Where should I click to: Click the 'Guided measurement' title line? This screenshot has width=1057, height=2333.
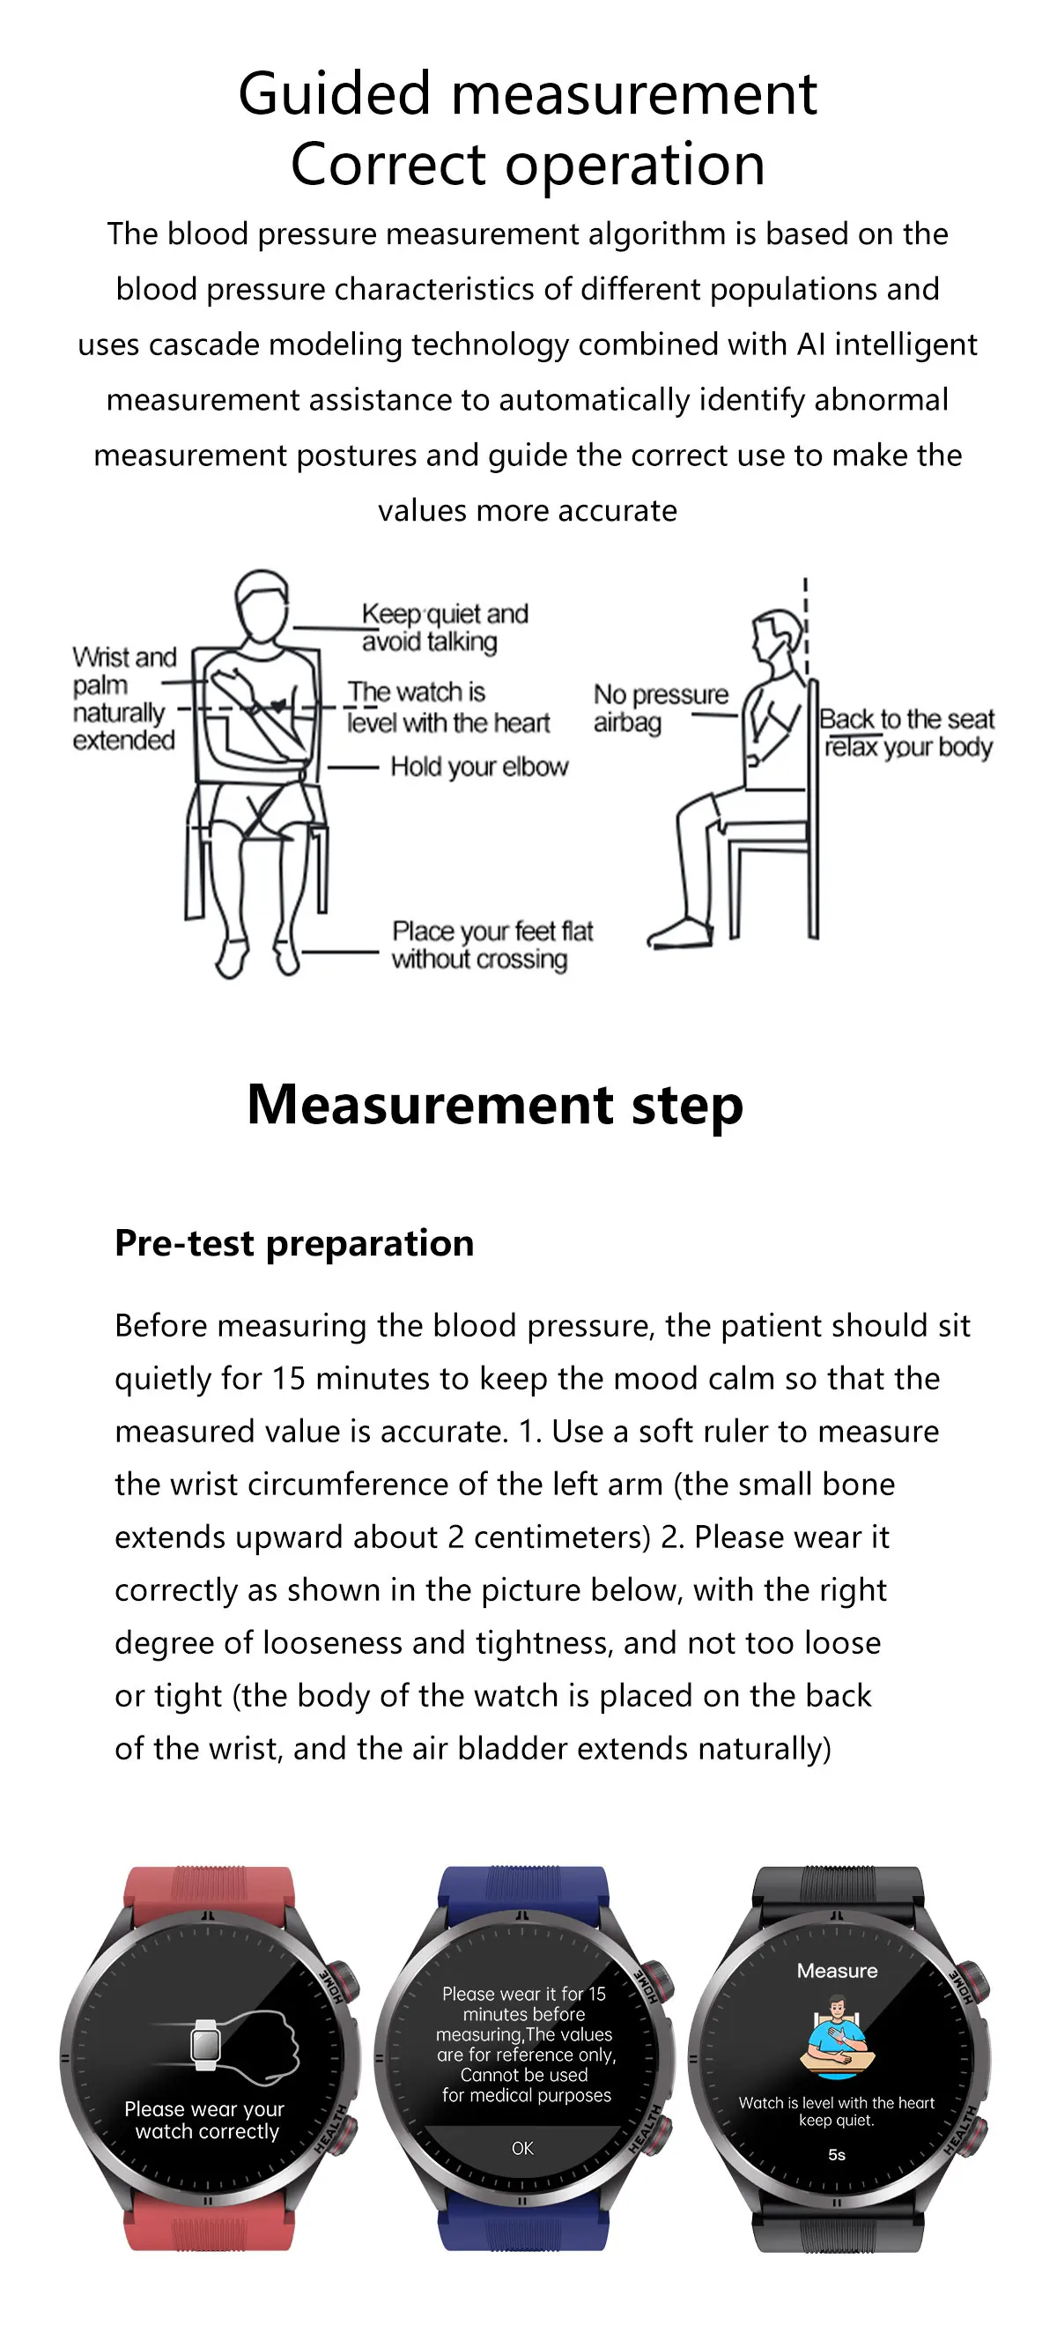[527, 93]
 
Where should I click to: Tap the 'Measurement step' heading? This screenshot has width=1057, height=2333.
[494, 1105]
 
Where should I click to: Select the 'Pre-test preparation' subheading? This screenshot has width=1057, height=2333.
[294, 1242]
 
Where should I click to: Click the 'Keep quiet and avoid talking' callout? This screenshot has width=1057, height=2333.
[444, 626]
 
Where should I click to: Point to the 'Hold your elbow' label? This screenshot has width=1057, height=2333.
[479, 767]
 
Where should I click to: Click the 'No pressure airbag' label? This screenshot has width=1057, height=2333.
[660, 708]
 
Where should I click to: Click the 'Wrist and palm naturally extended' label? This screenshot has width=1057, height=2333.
[124, 699]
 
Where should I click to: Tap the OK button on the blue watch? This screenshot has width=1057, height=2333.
[522, 2148]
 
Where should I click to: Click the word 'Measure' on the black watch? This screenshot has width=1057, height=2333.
[837, 1971]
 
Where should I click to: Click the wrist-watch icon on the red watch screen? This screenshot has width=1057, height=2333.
[206, 2044]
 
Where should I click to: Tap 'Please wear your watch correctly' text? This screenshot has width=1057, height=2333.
[205, 2120]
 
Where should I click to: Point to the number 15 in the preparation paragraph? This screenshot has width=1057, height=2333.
[289, 1379]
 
